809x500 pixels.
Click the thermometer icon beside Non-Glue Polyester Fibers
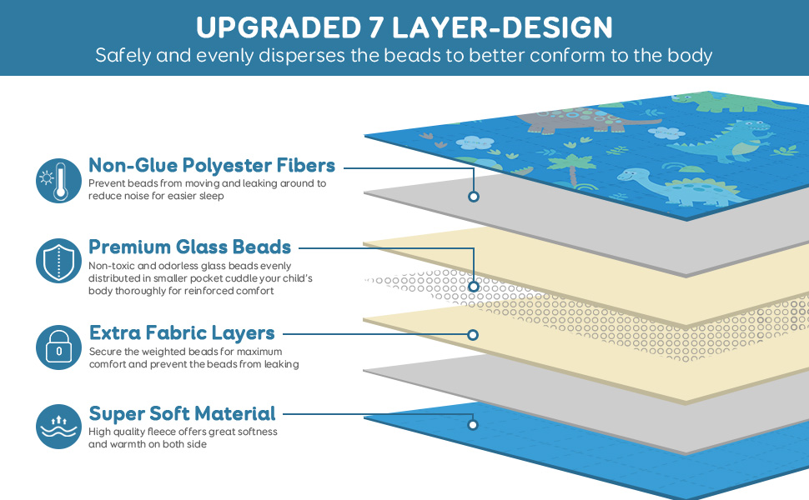point(58,179)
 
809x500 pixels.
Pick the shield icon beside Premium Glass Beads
point(58,260)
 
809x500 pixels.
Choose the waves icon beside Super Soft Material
point(58,426)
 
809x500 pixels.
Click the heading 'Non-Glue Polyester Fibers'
point(212,165)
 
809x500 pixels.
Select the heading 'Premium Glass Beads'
point(190,247)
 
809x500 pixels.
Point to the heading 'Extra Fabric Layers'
point(182,333)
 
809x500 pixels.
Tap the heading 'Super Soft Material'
point(182,413)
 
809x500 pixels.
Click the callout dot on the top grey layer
point(473,197)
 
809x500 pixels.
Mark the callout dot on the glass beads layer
point(473,286)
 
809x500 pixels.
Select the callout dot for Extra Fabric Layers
point(472,335)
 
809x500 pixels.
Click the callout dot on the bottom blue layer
point(472,425)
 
